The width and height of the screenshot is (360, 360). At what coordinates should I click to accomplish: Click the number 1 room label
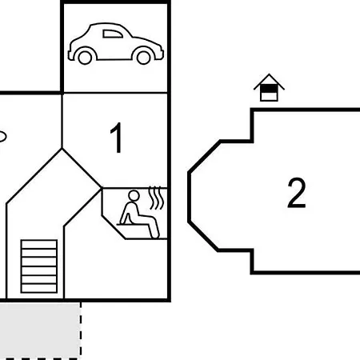(x=117, y=138)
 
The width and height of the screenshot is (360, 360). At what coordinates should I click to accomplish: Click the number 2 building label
(x=297, y=193)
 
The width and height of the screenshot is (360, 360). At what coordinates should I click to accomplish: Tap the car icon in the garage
(x=115, y=44)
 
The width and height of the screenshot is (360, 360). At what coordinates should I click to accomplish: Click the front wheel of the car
(x=143, y=58)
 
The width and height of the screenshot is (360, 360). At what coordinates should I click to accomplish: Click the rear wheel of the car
(x=85, y=58)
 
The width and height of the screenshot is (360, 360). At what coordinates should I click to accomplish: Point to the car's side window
(x=113, y=34)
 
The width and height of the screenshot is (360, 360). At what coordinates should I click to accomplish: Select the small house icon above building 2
(x=269, y=87)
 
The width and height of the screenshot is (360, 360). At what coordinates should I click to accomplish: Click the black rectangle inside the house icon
(x=269, y=89)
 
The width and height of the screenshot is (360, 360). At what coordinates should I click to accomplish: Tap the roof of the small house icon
(x=269, y=81)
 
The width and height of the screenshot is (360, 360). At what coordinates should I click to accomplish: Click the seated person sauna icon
(x=139, y=214)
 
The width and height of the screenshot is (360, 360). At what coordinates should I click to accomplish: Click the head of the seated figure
(x=134, y=195)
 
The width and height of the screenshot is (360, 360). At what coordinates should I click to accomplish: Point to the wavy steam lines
(x=156, y=198)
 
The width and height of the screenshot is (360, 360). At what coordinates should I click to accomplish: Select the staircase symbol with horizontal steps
(x=39, y=266)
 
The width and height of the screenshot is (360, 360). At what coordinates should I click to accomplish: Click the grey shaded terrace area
(x=40, y=330)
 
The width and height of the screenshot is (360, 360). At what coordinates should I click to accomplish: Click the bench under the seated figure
(x=133, y=225)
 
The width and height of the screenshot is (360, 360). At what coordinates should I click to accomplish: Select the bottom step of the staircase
(x=39, y=288)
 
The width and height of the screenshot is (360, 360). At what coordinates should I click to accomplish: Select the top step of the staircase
(x=39, y=244)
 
